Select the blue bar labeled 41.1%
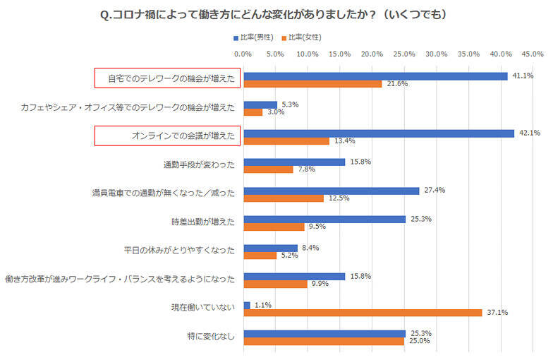[x=375, y=76]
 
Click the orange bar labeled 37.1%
[x=363, y=313]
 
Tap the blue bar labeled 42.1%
[x=378, y=133]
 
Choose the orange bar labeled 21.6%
[x=312, y=84]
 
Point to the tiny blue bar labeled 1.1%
[x=246, y=305]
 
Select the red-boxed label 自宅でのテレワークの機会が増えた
[x=168, y=78]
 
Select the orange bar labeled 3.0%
[x=253, y=112]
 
